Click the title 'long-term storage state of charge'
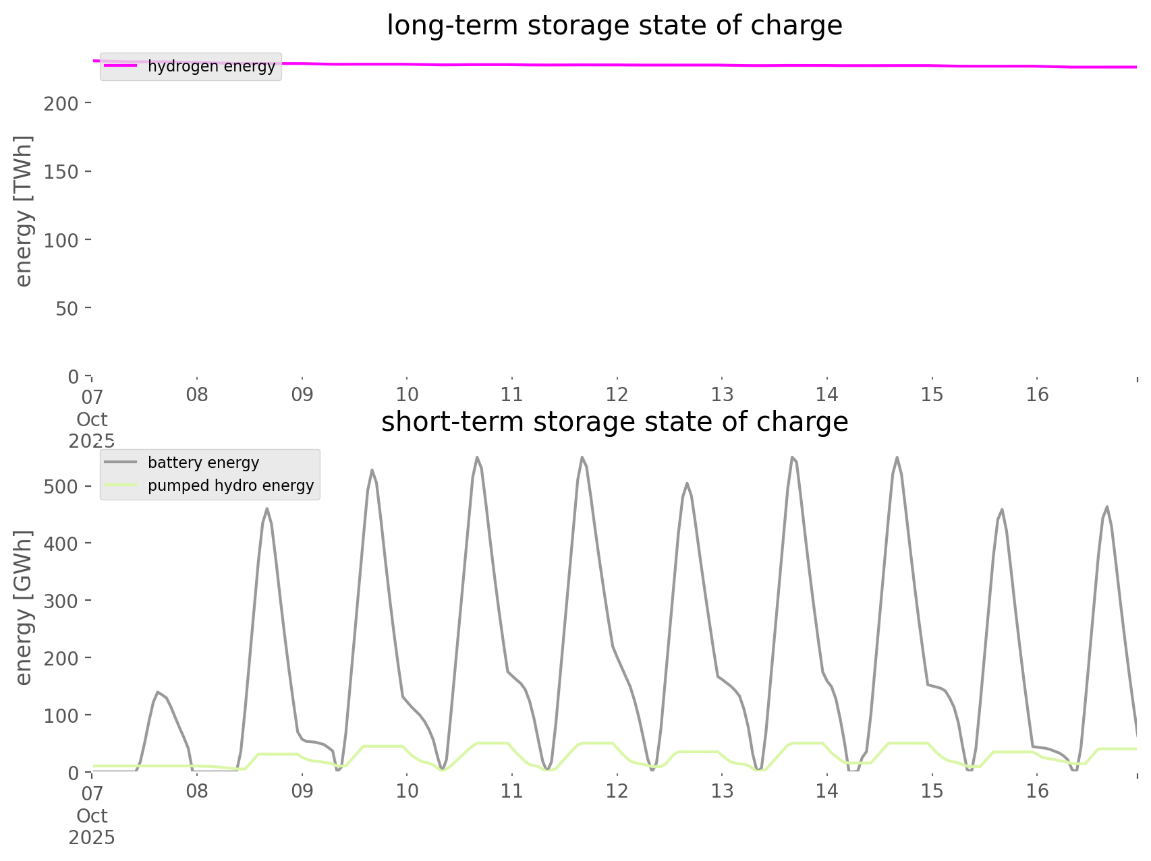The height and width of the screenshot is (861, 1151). point(614,26)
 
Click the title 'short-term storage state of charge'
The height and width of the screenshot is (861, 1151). point(614,422)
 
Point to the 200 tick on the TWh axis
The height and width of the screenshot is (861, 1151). point(61,104)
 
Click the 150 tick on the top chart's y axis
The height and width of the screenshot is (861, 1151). point(61,172)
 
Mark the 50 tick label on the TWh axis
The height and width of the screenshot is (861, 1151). point(65,308)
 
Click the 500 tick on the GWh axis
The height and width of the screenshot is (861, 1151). point(61,487)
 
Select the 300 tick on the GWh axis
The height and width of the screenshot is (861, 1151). point(61,601)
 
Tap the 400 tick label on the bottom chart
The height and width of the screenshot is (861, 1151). point(61,543)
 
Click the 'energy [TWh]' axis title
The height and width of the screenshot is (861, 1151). point(24,211)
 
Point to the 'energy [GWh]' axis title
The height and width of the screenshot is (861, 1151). point(24,607)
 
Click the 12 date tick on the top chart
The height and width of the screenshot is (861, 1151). point(617,394)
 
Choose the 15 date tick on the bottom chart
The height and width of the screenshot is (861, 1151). point(932,791)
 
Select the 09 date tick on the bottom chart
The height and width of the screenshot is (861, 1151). point(302,791)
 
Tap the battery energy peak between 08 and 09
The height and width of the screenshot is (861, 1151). point(267,508)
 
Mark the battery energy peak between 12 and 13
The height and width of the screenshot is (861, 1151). point(687,483)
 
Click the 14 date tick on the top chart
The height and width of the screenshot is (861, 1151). point(827,394)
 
